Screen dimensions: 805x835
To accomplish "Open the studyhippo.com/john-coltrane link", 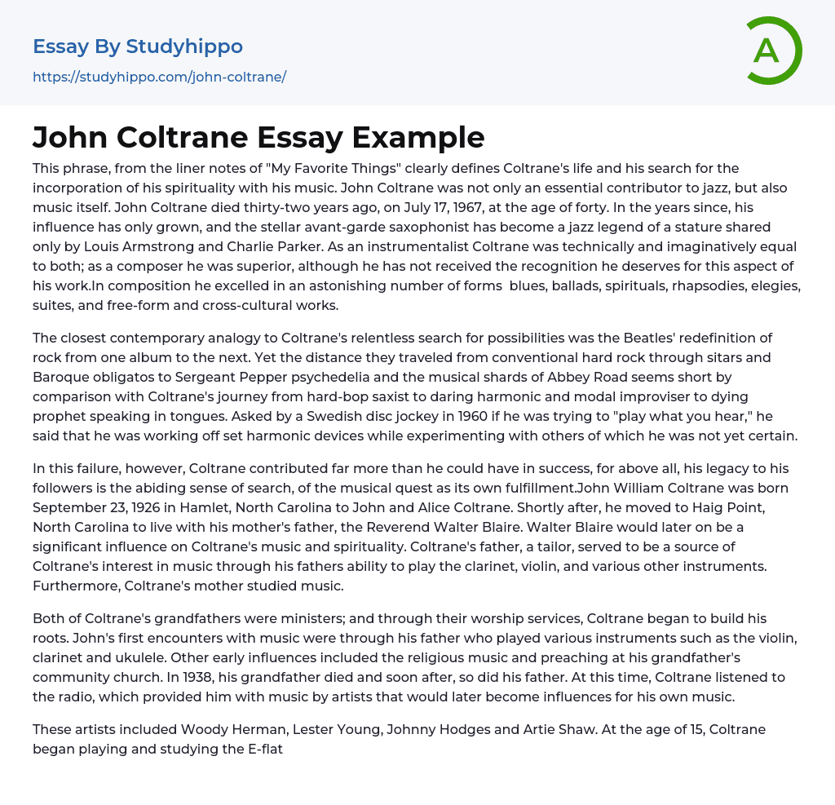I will (159, 77).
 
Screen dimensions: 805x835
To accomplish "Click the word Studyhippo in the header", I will (185, 46).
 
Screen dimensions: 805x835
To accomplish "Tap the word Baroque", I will (64, 377).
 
